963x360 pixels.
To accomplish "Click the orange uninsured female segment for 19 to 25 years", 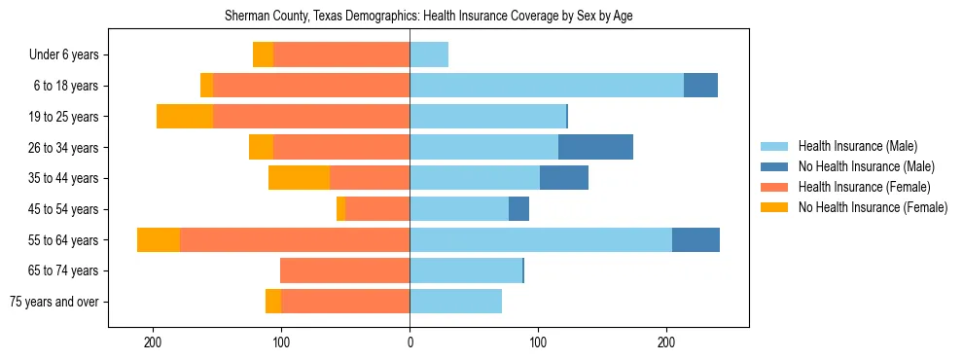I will click(x=185, y=117).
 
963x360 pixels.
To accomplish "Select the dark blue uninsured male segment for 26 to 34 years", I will click(x=595, y=148).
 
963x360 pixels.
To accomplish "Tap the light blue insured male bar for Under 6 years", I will click(x=429, y=55).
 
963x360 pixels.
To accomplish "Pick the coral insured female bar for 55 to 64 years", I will click(x=295, y=240).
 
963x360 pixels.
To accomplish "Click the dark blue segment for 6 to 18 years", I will click(x=700, y=86).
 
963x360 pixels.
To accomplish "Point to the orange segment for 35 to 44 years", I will click(x=299, y=178).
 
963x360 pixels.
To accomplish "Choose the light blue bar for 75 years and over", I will click(x=455, y=302).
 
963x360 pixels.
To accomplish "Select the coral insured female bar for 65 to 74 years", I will click(x=344, y=270).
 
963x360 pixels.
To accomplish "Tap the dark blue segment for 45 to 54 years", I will click(x=518, y=209).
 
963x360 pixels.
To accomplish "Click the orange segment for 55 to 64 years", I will click(x=159, y=240).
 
